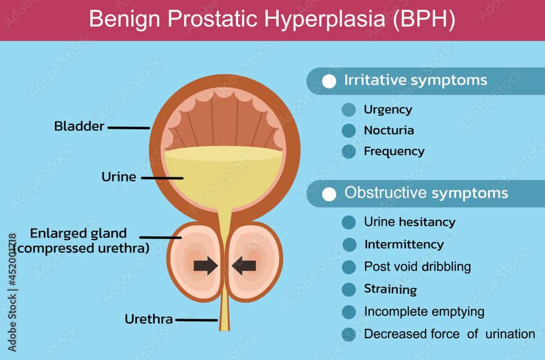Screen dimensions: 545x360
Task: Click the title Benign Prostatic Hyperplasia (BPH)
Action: point(272,19)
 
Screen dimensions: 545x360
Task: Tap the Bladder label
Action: point(79,126)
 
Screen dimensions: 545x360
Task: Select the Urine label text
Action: point(118,177)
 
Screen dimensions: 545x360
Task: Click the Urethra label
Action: point(148,319)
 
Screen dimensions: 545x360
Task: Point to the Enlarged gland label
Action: point(78,233)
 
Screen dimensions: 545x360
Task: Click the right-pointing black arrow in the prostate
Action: point(206,266)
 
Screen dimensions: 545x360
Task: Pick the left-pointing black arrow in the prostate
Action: point(244,266)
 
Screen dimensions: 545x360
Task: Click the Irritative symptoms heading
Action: point(416,80)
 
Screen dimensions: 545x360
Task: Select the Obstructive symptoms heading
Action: point(426,193)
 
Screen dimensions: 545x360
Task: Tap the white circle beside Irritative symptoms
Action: point(329,81)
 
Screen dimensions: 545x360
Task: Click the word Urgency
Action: point(388,110)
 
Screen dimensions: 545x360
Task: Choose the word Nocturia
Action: point(389,130)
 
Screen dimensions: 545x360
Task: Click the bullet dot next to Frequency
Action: point(349,151)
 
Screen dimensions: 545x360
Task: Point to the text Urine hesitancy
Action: point(410,222)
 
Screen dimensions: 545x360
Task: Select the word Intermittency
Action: point(404,244)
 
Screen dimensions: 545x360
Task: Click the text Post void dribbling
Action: point(417,267)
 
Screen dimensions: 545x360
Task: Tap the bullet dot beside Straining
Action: point(349,290)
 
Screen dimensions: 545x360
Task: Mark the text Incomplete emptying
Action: point(424,311)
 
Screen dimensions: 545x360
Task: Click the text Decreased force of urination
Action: point(450,334)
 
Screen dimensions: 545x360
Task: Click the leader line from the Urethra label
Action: point(197,320)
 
